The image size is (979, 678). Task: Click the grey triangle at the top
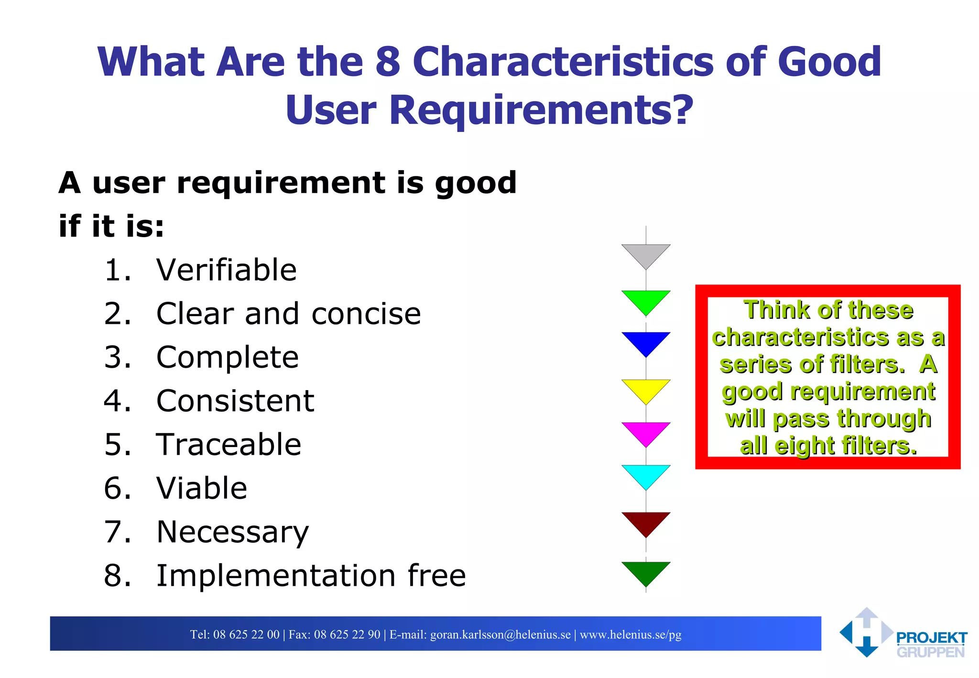pyautogui.click(x=646, y=254)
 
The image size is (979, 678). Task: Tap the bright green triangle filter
pyautogui.click(x=646, y=300)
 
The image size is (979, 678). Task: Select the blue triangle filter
pyautogui.click(x=646, y=341)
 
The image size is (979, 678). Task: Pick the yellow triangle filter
pyautogui.click(x=646, y=389)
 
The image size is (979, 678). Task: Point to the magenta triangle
pyautogui.click(x=646, y=431)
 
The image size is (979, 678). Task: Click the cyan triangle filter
pyautogui.click(x=646, y=474)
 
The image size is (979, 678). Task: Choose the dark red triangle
pyautogui.click(x=646, y=521)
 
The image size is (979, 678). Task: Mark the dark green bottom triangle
pyautogui.click(x=646, y=571)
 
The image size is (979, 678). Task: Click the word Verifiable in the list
pyautogui.click(x=226, y=270)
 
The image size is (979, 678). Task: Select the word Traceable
pyautogui.click(x=228, y=445)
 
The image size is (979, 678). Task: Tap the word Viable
pyautogui.click(x=202, y=488)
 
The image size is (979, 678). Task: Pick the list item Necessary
pyautogui.click(x=233, y=533)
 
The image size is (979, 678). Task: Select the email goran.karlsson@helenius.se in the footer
pyautogui.click(x=500, y=634)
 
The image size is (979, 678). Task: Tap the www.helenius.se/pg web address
pyautogui.click(x=631, y=634)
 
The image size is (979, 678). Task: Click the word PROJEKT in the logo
pyautogui.click(x=931, y=638)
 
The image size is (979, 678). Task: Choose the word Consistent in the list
pyautogui.click(x=235, y=401)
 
